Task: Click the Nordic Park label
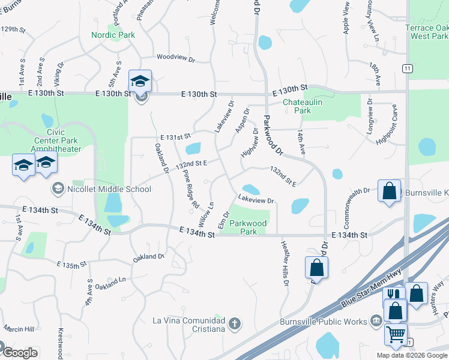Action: click(x=113, y=35)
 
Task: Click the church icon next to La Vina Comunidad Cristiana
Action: click(x=234, y=325)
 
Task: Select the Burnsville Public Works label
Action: click(x=323, y=321)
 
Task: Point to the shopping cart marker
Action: click(x=396, y=334)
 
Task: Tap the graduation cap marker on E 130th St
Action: click(x=140, y=81)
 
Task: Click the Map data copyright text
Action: click(x=412, y=355)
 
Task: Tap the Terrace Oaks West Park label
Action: click(x=426, y=32)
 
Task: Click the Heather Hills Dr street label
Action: click(x=285, y=263)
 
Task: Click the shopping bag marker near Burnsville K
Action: click(x=389, y=191)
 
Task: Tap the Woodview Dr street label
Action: click(x=176, y=59)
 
